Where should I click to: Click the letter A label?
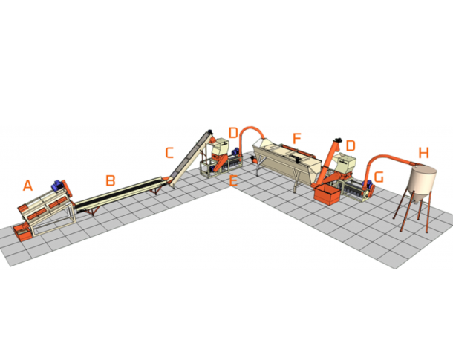pos(27,186)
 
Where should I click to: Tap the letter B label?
pos(111,180)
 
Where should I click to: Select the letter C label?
pos(169,153)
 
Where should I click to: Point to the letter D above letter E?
pos(233,133)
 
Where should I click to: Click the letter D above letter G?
pos(351,145)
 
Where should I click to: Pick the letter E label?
pos(233,180)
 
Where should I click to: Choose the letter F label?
pos(297,139)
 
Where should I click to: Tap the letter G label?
pos(379,177)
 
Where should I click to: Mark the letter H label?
pos(424,153)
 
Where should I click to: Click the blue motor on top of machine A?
pos(57,185)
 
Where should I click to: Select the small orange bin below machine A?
pos(22,233)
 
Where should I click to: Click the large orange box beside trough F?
pos(327,194)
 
